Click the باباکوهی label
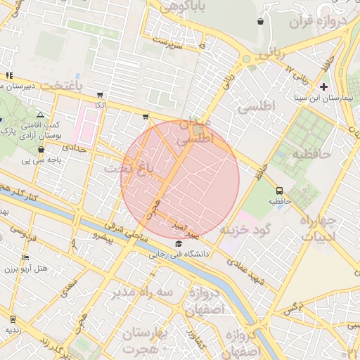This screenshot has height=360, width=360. point(185,7)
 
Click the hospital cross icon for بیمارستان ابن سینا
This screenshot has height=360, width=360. point(323,86)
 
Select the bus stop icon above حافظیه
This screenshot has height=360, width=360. point(280,191)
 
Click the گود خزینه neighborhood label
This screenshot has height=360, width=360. point(245,230)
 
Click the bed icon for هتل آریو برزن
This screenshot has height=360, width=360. point(26,258)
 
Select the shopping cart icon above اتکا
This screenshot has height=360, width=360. point(101,94)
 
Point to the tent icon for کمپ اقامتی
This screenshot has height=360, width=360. point(40,115)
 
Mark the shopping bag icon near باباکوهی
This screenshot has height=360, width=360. point(261,22)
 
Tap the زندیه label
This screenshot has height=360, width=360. point(13,329)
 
